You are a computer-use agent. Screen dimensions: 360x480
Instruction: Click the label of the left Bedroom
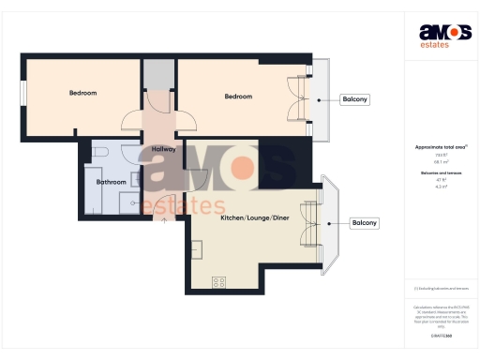pos(82,94)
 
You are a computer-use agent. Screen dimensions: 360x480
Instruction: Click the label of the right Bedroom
pos(238,97)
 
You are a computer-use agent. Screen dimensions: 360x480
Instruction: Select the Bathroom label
pos(112,182)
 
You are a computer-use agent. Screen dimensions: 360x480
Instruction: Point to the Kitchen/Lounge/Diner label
pos(255,217)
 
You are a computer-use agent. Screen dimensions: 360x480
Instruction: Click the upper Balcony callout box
pos(354,99)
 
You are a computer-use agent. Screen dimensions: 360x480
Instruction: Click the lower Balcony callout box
pos(364,223)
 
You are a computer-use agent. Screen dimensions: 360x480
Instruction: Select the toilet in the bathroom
pos(99,153)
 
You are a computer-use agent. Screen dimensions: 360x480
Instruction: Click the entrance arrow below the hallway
pos(166,221)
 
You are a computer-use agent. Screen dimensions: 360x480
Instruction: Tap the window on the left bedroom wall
pos(23,95)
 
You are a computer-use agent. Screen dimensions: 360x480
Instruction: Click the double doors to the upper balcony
pos(299,99)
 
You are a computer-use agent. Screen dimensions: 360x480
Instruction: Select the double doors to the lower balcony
pos(310,223)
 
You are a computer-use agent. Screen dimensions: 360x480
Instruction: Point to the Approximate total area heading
pos(441,147)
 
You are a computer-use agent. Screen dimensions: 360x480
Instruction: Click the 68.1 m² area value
pos(441,161)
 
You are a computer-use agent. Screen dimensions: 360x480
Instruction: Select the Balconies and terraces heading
pos(441,173)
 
